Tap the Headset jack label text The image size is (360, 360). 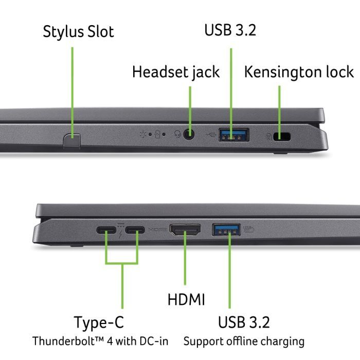pos(175,72)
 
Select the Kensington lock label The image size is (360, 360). pos(299,72)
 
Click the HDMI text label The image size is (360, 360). pos(186,299)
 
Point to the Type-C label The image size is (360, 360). pos(99,323)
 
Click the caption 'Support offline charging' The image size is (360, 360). pos(244,341)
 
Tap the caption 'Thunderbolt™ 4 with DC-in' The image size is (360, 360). pos(100,341)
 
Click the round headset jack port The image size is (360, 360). pos(190,135)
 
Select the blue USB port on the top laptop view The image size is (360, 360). pos(234,135)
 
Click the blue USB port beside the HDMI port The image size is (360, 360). pos(226,229)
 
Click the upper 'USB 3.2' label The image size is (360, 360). pos(230,30)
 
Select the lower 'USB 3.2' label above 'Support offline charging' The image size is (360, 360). pos(244,322)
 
